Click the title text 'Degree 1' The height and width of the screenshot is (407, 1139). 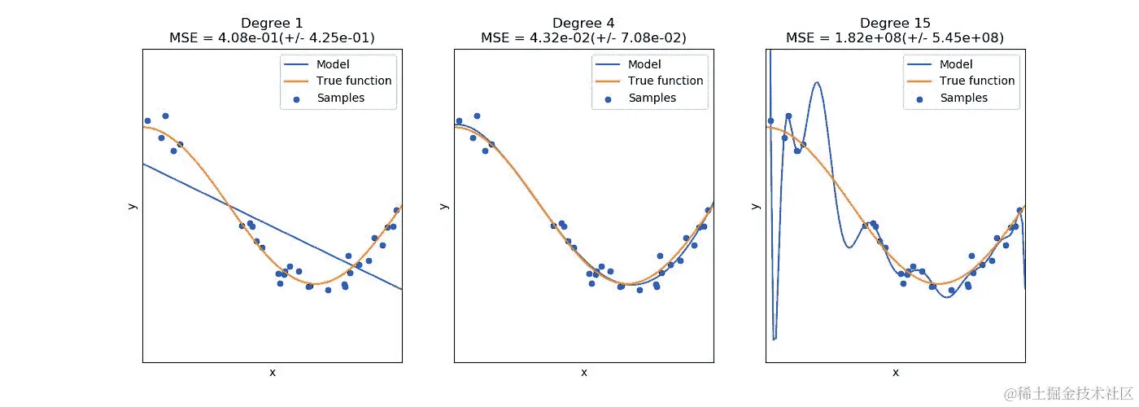click(272, 23)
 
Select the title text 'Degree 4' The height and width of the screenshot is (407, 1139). click(583, 23)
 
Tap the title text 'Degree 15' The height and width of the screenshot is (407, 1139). click(895, 23)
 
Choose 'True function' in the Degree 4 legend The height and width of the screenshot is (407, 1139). click(666, 81)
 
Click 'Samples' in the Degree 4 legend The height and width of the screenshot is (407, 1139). click(652, 98)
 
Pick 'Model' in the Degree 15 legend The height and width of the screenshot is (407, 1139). click(956, 64)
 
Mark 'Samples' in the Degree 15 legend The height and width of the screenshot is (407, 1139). click(963, 98)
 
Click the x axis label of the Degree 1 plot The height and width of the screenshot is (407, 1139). click(272, 372)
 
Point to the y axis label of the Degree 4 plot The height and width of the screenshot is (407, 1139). click(444, 205)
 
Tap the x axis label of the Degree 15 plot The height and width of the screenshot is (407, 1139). click(895, 372)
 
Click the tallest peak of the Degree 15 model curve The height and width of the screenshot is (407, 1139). click(817, 82)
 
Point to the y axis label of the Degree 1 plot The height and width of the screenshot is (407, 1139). click(133, 205)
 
